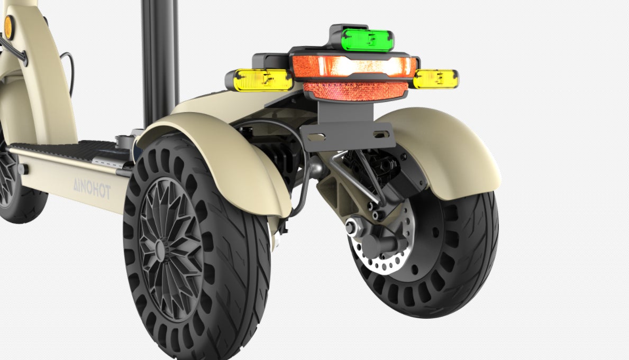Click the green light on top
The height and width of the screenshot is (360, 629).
point(367,40)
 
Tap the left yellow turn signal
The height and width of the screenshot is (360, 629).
point(263,80)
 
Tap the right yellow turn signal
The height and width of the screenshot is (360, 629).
point(435,79)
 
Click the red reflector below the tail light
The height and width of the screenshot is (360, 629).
point(356,91)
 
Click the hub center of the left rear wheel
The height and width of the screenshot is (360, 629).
point(160,250)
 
